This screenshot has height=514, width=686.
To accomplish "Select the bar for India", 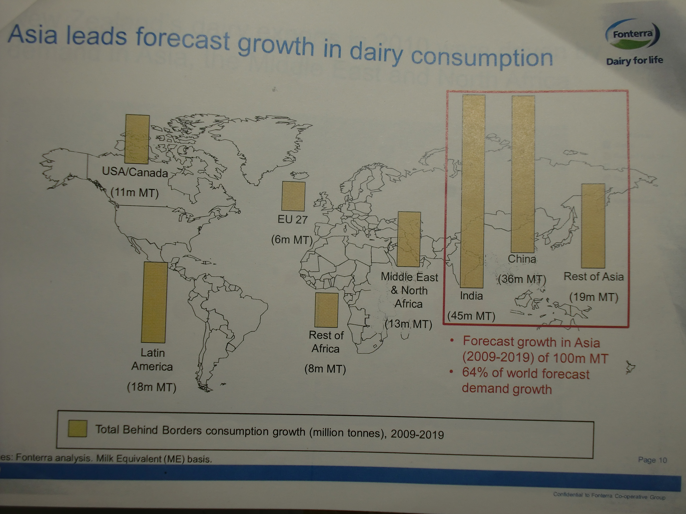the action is point(473,191).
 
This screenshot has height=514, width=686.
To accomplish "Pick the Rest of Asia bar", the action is point(593,226).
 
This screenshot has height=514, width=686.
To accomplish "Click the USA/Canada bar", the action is point(137,139).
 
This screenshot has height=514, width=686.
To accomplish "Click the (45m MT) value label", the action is point(471,316).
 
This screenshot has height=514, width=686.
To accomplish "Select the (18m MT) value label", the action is point(152,387).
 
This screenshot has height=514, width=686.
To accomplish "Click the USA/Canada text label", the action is point(135,172).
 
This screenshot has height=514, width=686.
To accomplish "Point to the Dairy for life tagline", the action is point(635,60).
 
